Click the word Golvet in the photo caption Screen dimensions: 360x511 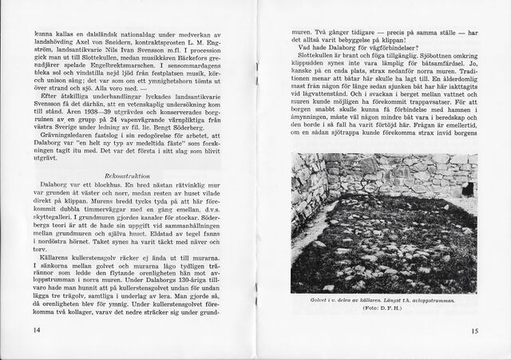click(x=327, y=299)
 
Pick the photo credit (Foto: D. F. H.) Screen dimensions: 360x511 click(x=380, y=307)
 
